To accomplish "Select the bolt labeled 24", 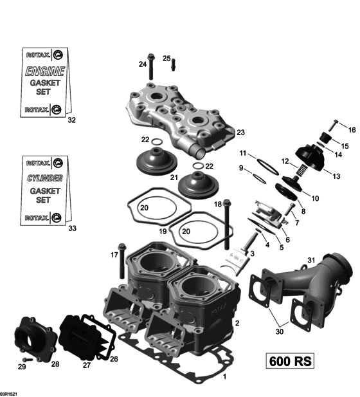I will (x=152, y=66).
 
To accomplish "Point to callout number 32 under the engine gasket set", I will (x=71, y=120).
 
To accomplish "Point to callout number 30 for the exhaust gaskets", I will (x=278, y=333).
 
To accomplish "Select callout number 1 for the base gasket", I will (x=224, y=377).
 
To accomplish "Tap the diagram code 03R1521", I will (x=11, y=391).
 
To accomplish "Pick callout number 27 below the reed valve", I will (x=87, y=365).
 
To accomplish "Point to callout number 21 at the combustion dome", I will (x=174, y=178).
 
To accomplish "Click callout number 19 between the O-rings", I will (x=163, y=230).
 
